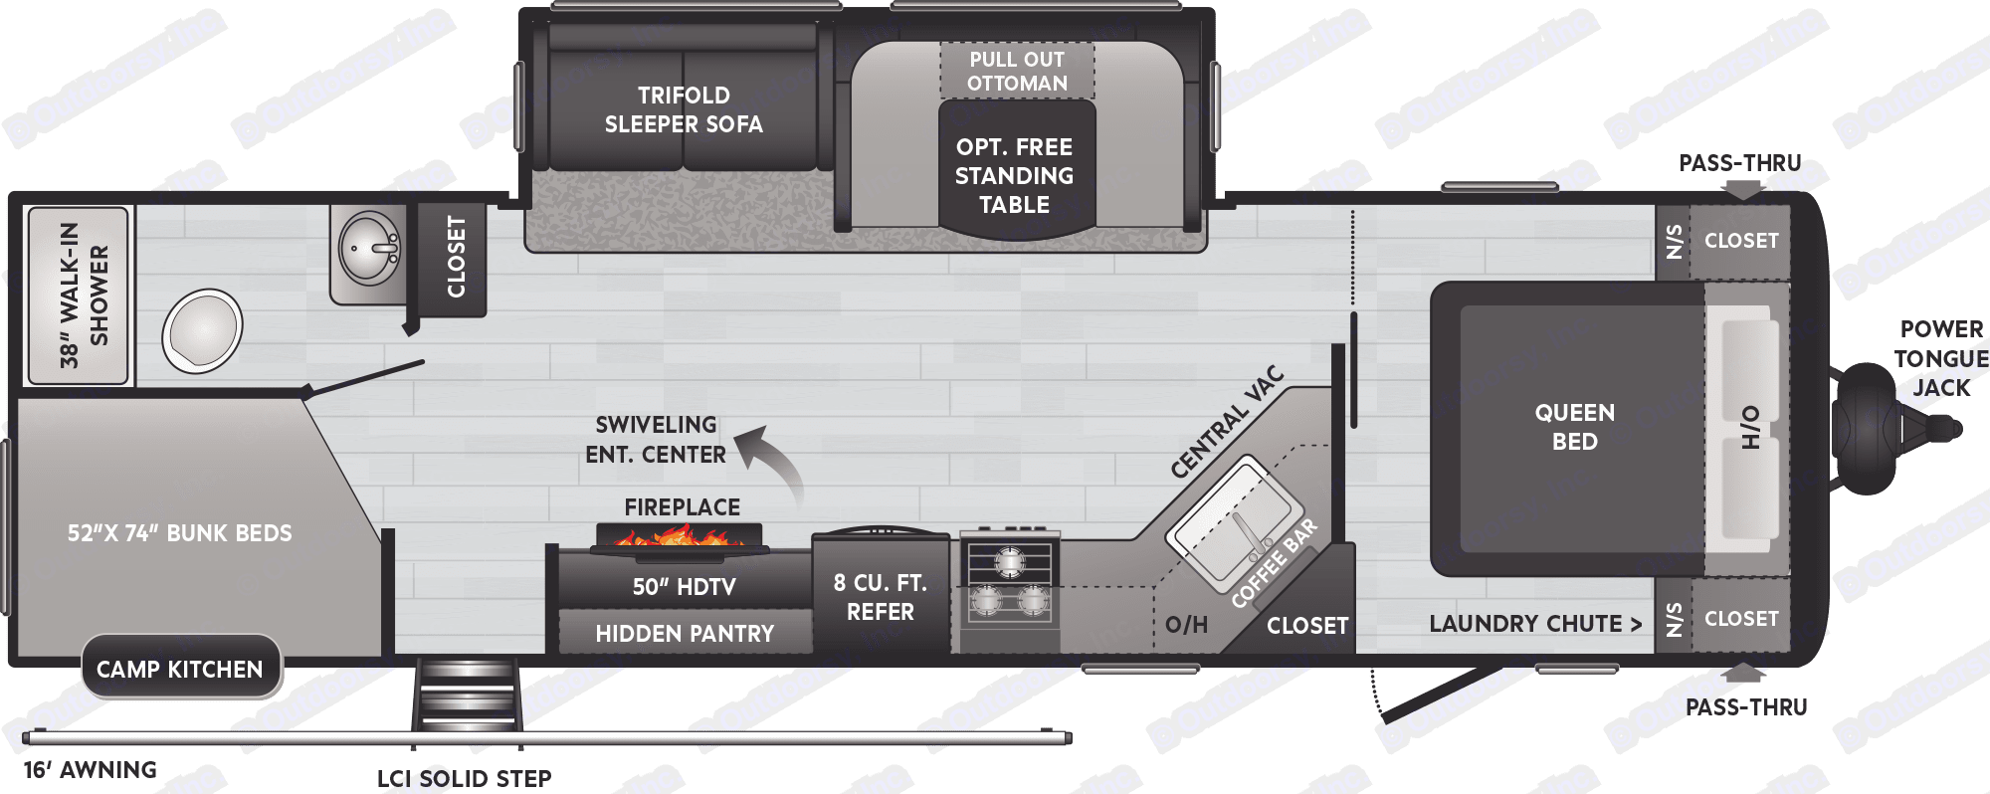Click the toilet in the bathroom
(202, 329)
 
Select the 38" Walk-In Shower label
(83, 296)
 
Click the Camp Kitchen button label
(180, 670)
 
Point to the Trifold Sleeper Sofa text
(684, 109)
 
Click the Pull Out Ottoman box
(1017, 71)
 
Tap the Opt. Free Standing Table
(1015, 175)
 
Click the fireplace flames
(680, 537)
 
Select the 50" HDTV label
(685, 586)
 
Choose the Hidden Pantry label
(685, 634)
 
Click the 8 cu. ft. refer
(881, 597)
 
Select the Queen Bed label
(1574, 427)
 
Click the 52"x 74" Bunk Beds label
(180, 533)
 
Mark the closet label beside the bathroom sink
(456, 257)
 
